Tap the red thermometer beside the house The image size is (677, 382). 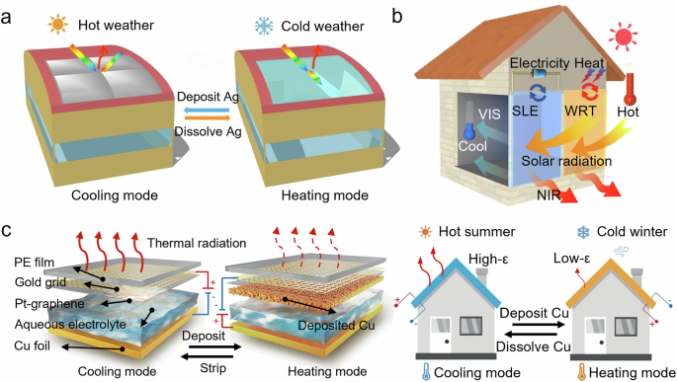[x=630, y=85]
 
